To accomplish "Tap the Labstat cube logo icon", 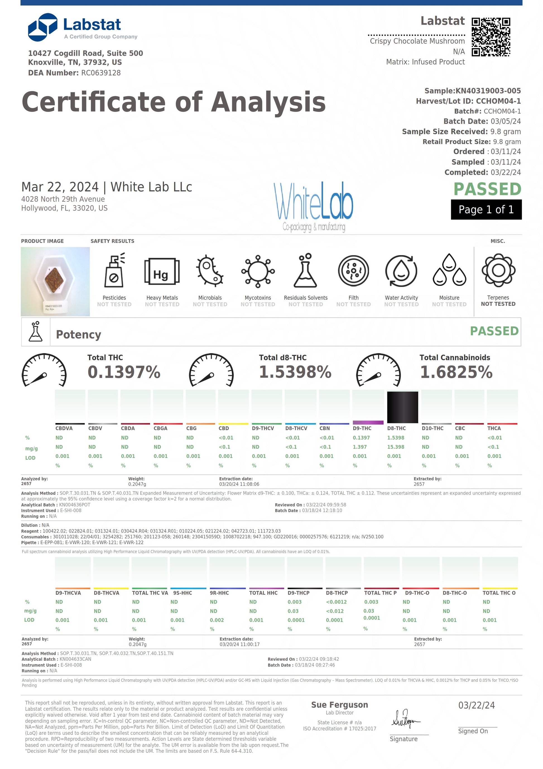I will coord(42,27).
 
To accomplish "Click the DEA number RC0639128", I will coord(101,73).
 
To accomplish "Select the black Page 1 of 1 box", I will coord(486,209).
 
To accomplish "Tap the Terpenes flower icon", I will coord(498,270).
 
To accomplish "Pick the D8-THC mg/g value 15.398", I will coord(395,447).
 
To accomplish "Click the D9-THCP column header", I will coord(298,593).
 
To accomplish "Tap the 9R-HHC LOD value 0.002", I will coord(217,620).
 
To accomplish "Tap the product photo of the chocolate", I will coord(55,281).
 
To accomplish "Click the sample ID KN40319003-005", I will coord(488,91).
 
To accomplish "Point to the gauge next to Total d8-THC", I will coord(211,370).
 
